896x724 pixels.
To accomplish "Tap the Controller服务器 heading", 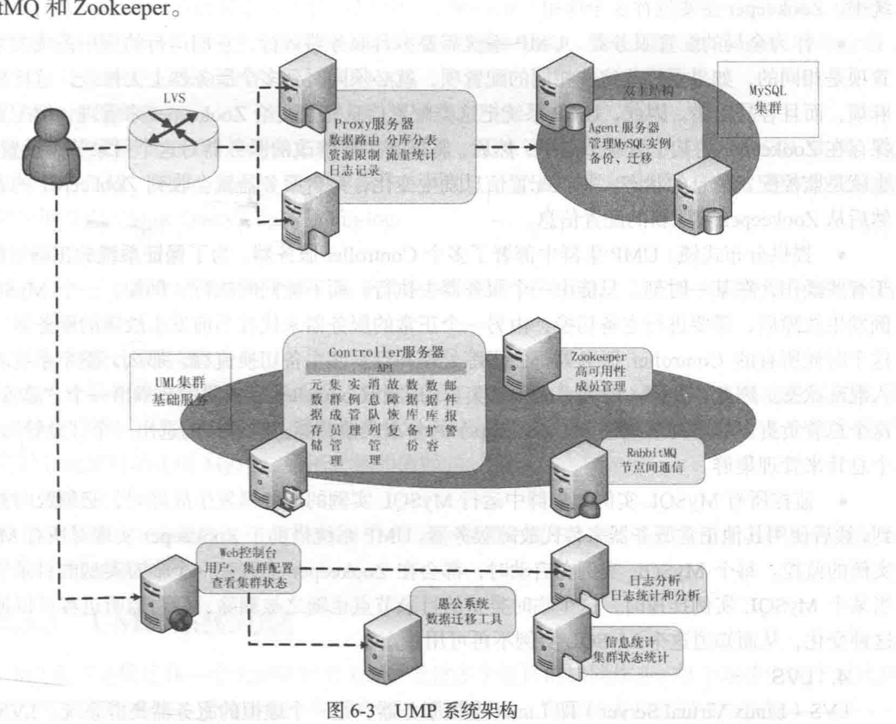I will tap(385, 353).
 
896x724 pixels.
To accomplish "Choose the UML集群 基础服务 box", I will tap(181, 390).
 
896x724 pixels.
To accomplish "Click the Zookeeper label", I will tap(598, 357).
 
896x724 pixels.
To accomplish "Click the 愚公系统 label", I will tap(458, 603).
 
